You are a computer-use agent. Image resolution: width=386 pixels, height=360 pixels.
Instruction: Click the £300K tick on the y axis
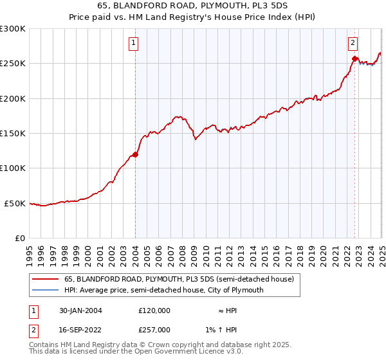point(13,29)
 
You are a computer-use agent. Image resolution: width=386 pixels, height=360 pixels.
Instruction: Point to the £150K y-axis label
point(13,134)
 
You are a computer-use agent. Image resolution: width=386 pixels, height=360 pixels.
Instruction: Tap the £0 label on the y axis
point(19,239)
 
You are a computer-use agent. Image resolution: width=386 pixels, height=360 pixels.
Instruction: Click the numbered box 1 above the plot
point(133,44)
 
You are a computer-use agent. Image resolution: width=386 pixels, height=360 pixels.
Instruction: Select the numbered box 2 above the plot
point(353,44)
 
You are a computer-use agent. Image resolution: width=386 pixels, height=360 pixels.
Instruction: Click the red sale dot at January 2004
point(136,154)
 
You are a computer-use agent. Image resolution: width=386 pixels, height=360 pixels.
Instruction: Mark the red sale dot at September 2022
point(354,59)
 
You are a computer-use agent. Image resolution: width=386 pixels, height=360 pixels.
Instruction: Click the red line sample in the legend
point(44,279)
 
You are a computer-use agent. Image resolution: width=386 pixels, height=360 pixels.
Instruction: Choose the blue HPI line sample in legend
point(44,290)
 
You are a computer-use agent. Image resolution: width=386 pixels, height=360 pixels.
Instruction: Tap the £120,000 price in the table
point(154,310)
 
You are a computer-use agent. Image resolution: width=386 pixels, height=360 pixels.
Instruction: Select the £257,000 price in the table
point(154,329)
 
